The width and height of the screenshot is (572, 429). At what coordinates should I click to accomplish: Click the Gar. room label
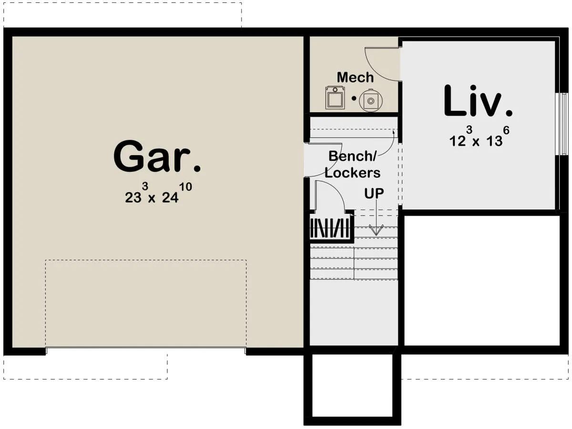click(x=157, y=157)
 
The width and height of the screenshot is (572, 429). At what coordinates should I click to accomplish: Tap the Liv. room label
click(x=478, y=101)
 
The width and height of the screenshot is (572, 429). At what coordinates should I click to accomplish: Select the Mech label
click(x=355, y=77)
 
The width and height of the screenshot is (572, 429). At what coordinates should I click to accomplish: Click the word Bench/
click(x=352, y=156)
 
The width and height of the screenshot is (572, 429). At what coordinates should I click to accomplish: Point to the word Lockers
click(x=352, y=173)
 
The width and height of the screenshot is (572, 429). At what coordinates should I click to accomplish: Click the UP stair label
click(x=374, y=193)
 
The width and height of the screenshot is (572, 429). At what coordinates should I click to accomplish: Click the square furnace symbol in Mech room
click(x=335, y=98)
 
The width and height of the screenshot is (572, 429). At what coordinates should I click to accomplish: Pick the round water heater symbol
click(x=370, y=100)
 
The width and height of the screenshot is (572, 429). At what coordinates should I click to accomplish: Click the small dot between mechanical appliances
click(x=354, y=98)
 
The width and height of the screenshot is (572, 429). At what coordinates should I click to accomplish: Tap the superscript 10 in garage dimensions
click(x=186, y=187)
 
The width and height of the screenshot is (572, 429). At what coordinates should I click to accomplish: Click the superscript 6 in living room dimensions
click(x=506, y=130)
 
